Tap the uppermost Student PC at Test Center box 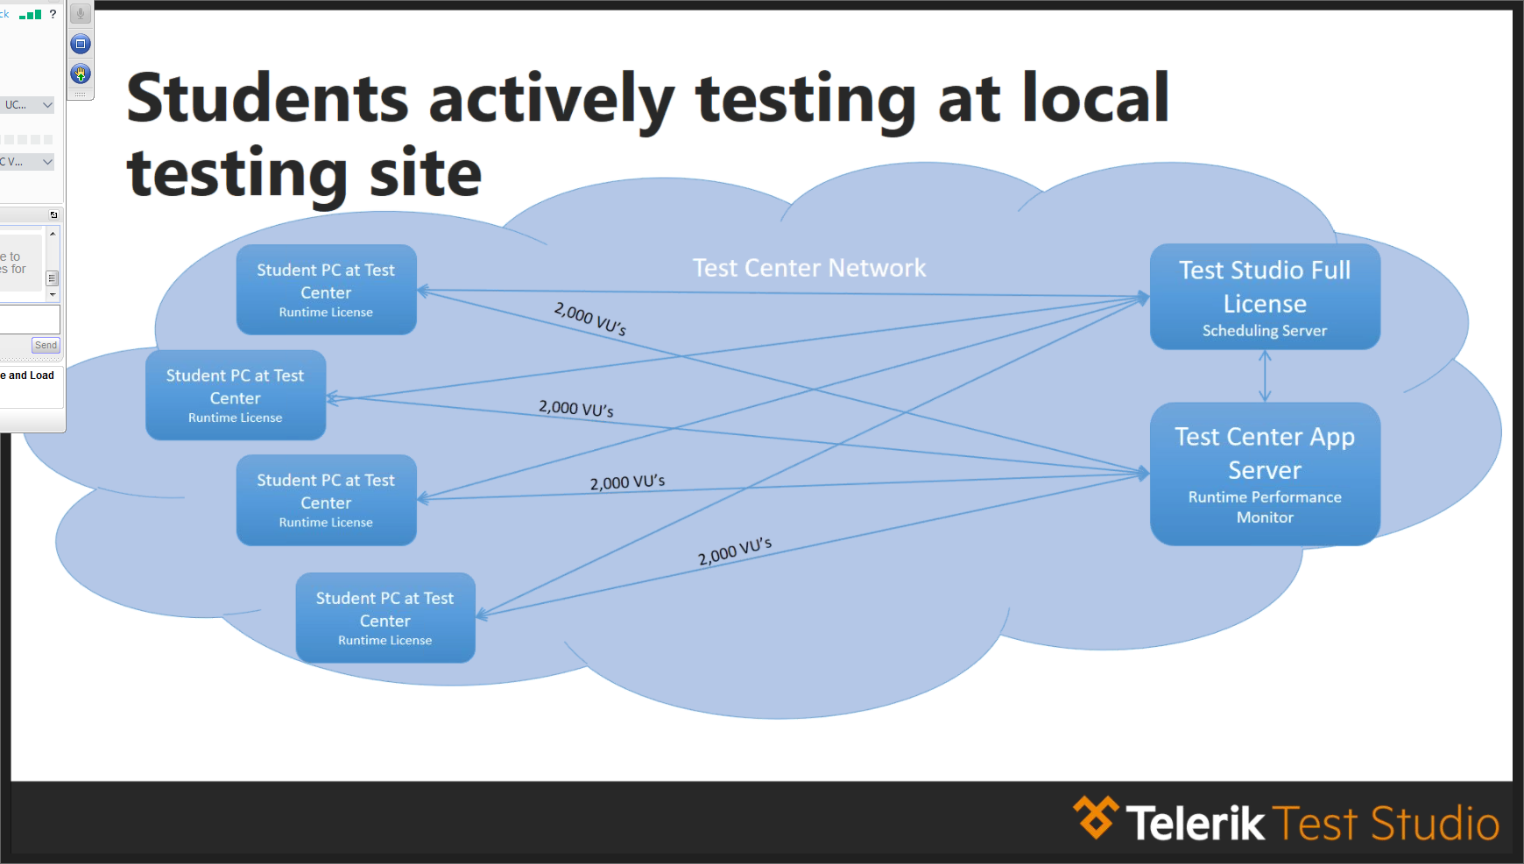coord(326,289)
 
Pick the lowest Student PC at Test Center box coord(385,618)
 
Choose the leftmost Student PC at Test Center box coord(236,395)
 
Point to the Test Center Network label coord(809,268)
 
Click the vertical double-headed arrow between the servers coord(1265,376)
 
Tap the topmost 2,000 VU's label coord(590,319)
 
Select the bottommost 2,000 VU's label coord(735,551)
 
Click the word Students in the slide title coord(267,99)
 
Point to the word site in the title coord(426,173)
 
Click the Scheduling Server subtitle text coord(1265,331)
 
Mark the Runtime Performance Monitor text coord(1265,507)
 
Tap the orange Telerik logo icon coord(1096,818)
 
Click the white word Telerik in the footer coord(1195,824)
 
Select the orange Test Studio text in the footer coord(1386,824)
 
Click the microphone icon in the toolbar coord(81,14)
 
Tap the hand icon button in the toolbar coord(81,74)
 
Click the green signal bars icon coord(31,15)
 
